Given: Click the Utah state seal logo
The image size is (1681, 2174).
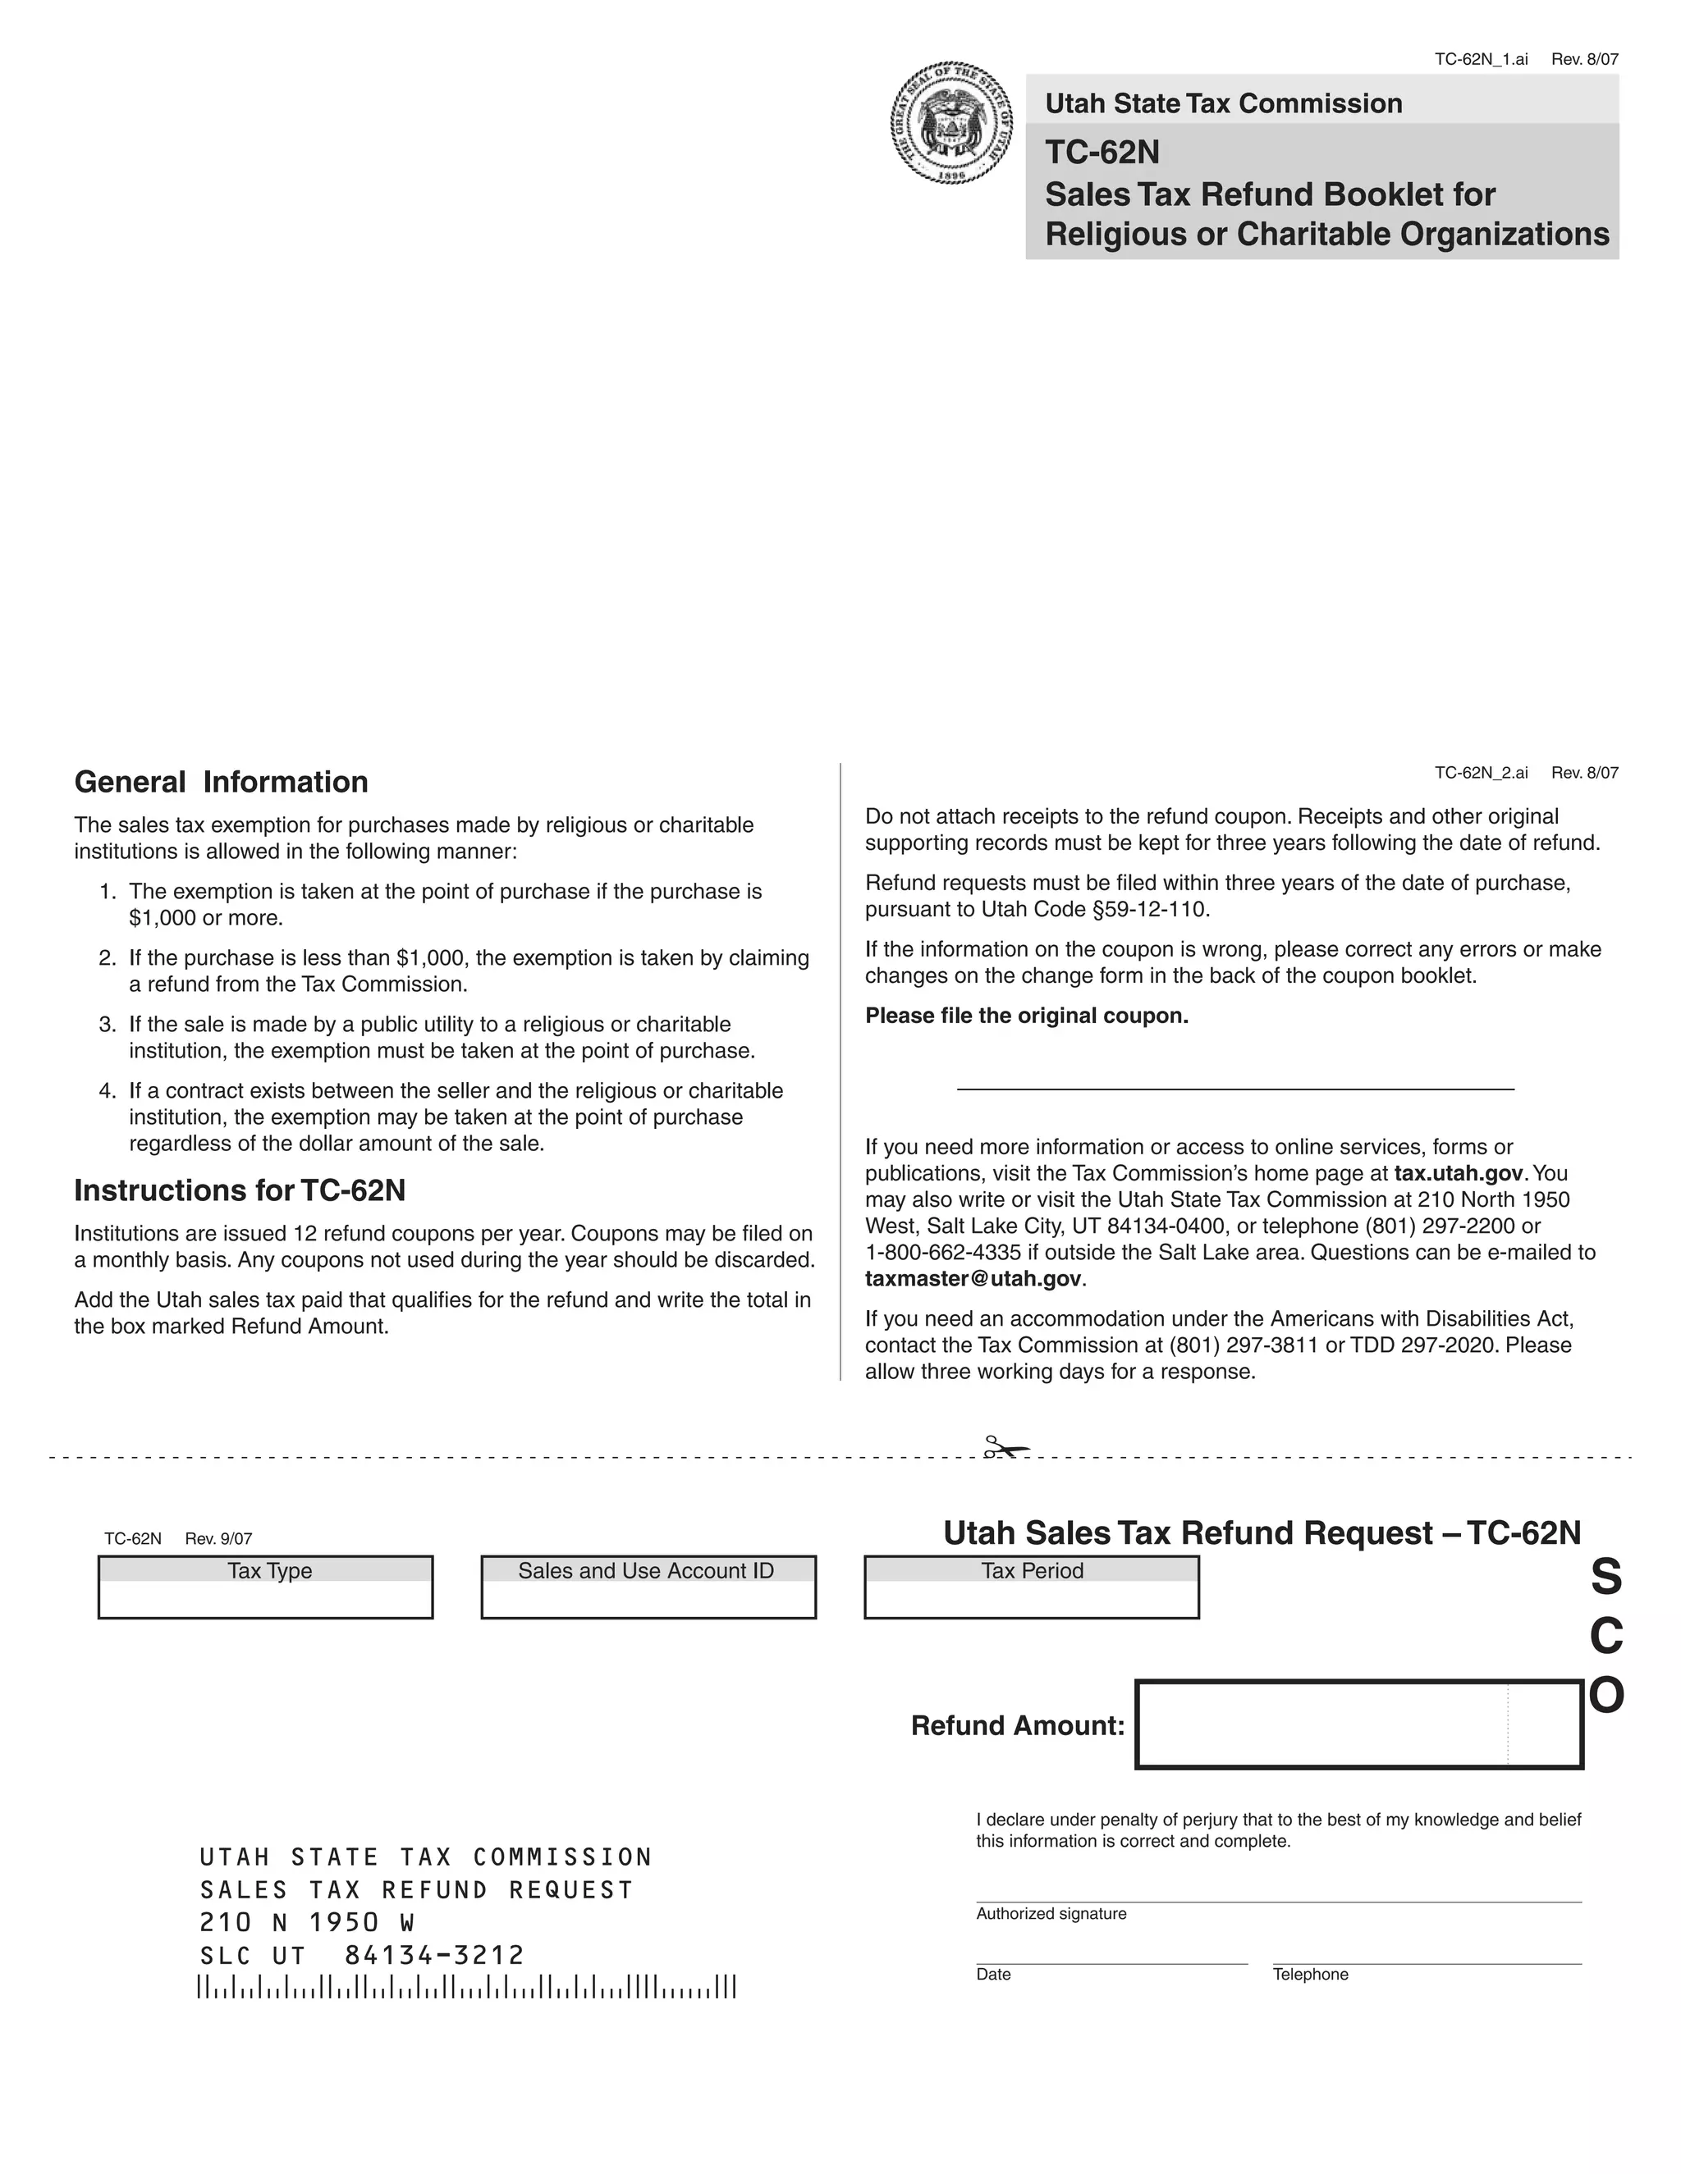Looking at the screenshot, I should [x=951, y=123].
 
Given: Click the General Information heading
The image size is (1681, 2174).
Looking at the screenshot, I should [x=221, y=783].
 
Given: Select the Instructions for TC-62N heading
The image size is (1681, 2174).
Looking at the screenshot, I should [x=240, y=1190].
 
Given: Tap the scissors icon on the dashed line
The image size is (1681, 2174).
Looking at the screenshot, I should [x=1005, y=1447].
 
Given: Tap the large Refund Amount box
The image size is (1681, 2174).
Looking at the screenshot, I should [x=1358, y=1725].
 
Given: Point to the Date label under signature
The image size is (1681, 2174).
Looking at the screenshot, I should [x=993, y=1975].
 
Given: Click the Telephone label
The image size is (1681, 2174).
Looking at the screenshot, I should [x=1309, y=1975].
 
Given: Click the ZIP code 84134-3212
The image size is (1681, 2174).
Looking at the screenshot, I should [x=434, y=1956].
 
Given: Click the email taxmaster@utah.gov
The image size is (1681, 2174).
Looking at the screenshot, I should [x=973, y=1279].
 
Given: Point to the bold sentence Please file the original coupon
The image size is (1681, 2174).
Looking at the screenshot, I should [x=1027, y=1016].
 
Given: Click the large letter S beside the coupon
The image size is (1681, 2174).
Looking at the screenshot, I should [x=1605, y=1578].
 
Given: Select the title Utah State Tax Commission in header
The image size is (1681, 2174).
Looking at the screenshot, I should [x=1223, y=103].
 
